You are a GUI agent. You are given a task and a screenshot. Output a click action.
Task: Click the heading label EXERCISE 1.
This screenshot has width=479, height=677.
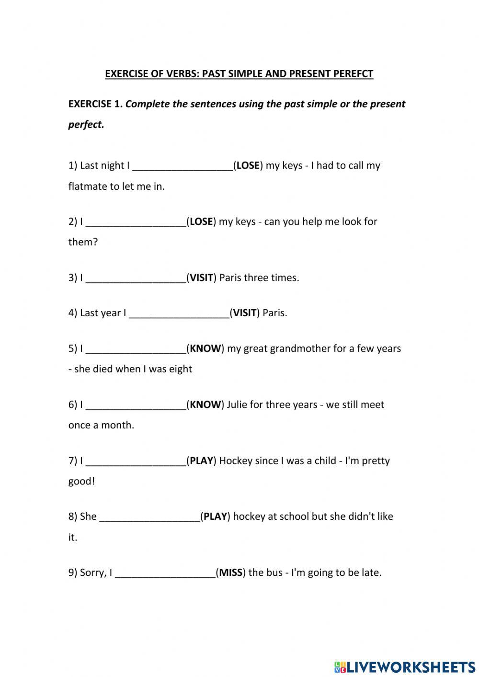point(95,104)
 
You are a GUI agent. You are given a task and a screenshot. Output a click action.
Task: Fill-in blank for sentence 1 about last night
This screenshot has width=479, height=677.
point(182,166)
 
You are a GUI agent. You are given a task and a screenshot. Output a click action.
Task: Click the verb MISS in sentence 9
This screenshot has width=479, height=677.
point(230,573)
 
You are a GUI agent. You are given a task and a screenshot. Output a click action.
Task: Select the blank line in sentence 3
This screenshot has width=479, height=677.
point(136,278)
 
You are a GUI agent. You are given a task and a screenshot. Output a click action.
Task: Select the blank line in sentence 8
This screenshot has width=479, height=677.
point(149,517)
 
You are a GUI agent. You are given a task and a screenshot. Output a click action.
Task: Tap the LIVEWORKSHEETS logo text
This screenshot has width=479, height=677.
point(410,666)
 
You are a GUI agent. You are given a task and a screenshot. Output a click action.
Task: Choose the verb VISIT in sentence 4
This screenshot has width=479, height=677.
point(245,313)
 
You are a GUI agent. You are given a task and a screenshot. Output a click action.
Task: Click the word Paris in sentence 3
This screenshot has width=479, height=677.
point(230,278)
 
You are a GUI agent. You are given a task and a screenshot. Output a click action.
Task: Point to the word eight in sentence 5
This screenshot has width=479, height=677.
point(180,369)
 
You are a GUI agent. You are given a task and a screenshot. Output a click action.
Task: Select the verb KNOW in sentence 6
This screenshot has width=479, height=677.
point(205,404)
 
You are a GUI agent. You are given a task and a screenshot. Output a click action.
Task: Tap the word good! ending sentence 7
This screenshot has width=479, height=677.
point(81,481)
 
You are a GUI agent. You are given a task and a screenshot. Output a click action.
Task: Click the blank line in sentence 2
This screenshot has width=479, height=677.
point(136,222)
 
